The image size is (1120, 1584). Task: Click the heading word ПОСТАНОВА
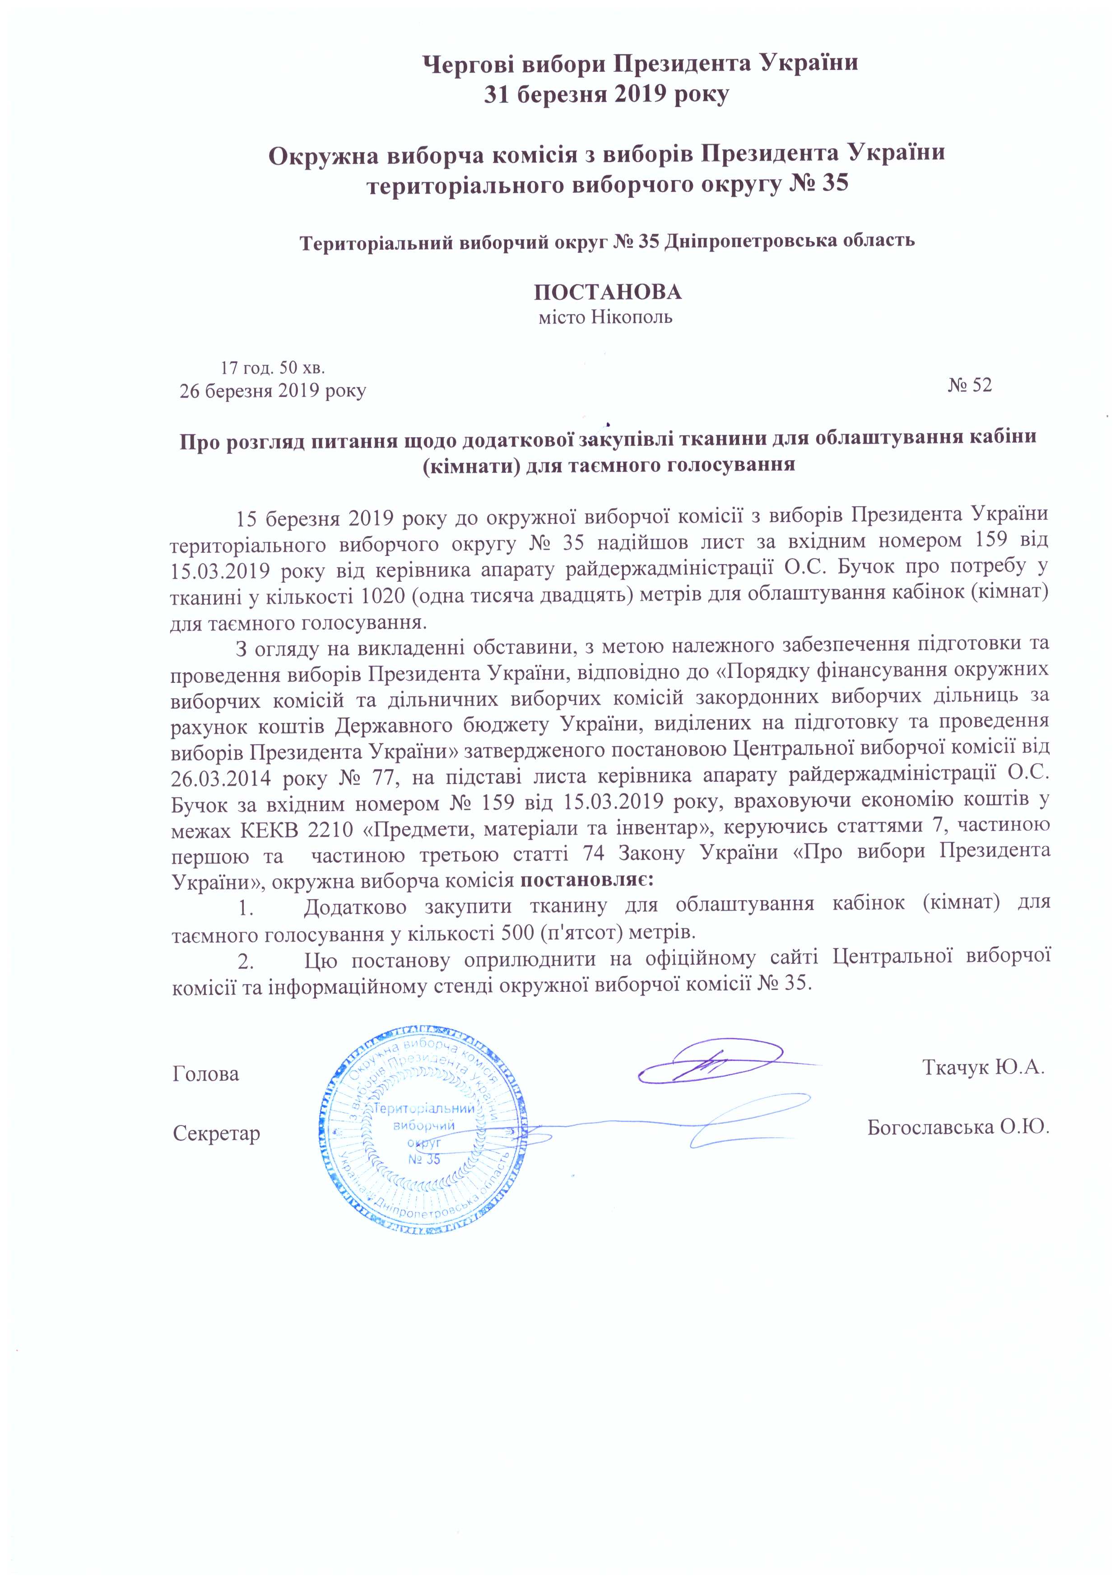tap(608, 292)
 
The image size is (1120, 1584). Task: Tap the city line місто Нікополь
tap(605, 318)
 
